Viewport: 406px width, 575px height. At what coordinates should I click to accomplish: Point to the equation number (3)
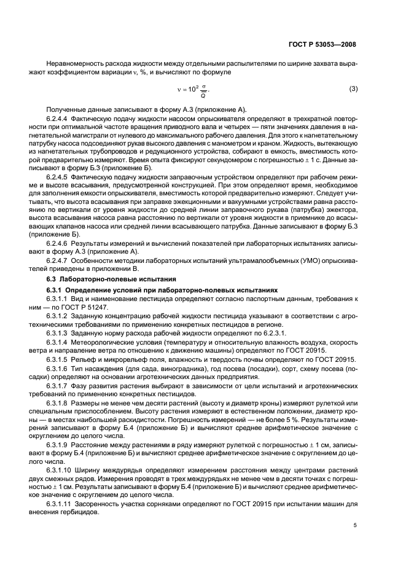[x=353, y=89]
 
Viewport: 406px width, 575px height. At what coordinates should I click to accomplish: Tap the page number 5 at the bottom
[x=355, y=526]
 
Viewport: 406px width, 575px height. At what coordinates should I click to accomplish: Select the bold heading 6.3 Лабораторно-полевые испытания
[x=101, y=279]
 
